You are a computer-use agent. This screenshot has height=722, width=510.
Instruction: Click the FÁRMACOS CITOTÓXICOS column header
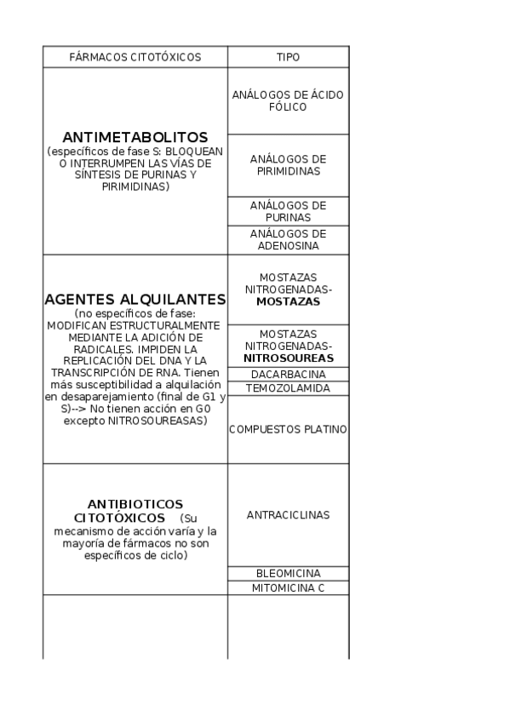coord(135,57)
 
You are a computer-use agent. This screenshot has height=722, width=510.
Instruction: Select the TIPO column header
coord(288,57)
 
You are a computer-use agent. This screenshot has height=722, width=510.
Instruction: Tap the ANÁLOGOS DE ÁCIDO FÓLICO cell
coord(288,100)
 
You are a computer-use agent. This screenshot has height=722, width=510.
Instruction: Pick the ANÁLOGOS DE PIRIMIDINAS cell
coord(288,165)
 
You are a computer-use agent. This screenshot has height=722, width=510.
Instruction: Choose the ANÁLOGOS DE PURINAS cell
coord(288,211)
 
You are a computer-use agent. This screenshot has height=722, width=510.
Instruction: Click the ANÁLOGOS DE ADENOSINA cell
coord(288,239)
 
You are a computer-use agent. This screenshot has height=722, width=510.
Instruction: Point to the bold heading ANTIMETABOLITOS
coord(135,136)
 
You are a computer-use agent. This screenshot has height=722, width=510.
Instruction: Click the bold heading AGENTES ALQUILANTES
coord(135,300)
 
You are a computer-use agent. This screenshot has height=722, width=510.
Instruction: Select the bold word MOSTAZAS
coord(288,301)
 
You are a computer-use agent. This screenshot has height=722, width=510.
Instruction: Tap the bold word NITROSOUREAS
coord(288,358)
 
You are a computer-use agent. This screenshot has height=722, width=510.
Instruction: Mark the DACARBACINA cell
coord(288,374)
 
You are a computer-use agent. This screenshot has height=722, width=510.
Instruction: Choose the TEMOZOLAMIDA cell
coord(288,388)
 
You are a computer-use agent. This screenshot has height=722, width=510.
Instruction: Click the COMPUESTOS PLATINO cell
coord(288,430)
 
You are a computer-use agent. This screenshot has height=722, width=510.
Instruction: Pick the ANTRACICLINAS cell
coord(288,515)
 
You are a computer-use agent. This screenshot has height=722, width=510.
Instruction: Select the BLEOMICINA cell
coord(288,574)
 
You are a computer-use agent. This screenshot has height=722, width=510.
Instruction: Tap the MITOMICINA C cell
coord(288,588)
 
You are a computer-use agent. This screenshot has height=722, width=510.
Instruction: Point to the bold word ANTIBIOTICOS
coord(135,503)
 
